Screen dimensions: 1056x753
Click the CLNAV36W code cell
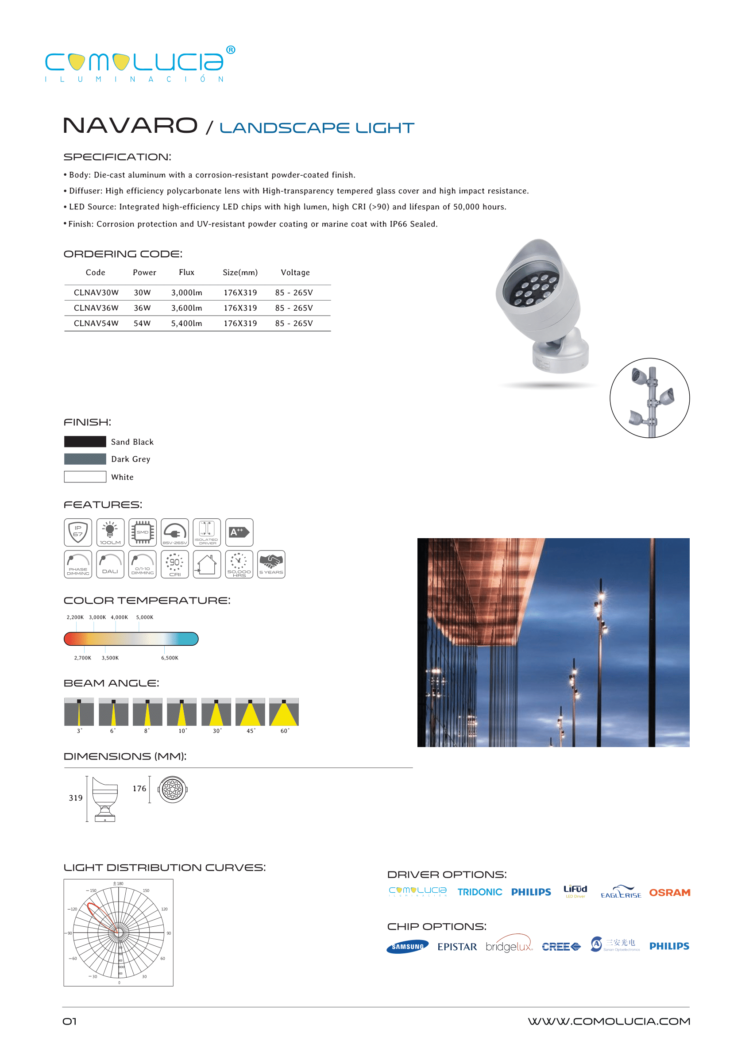(96, 308)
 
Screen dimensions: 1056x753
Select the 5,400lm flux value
(186, 323)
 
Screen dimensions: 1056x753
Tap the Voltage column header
(295, 273)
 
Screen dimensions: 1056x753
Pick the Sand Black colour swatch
(85, 441)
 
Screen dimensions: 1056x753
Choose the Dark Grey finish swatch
(85, 459)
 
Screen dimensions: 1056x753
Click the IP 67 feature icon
(78, 532)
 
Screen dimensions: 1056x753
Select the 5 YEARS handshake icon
(271, 564)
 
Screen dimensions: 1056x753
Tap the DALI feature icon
(110, 564)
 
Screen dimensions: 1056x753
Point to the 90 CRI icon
(174, 564)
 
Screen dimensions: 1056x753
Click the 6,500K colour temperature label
(170, 658)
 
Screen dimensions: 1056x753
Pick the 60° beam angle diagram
(284, 712)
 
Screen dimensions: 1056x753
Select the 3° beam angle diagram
(79, 712)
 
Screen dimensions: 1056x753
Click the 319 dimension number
(76, 798)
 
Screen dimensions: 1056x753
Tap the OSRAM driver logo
(669, 892)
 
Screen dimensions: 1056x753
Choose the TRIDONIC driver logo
(479, 892)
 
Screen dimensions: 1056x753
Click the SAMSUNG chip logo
(407, 947)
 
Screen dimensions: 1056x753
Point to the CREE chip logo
(561, 947)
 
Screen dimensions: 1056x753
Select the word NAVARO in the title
(130, 126)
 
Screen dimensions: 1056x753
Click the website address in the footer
(608, 1021)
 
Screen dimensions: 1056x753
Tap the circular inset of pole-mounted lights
(649, 398)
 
